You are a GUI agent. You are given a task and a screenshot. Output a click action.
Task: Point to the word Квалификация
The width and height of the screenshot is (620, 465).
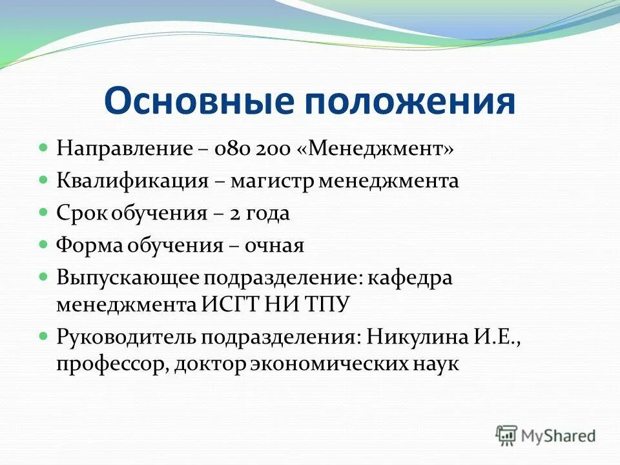(x=132, y=181)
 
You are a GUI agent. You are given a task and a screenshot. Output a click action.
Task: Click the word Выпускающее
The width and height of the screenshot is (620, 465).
(x=128, y=278)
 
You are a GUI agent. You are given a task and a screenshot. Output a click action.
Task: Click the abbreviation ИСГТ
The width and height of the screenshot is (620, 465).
(x=231, y=304)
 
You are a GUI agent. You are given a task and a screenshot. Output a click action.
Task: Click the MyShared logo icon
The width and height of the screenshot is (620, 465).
(x=506, y=435)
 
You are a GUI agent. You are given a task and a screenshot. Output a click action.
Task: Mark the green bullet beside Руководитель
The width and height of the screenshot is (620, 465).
(x=44, y=336)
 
